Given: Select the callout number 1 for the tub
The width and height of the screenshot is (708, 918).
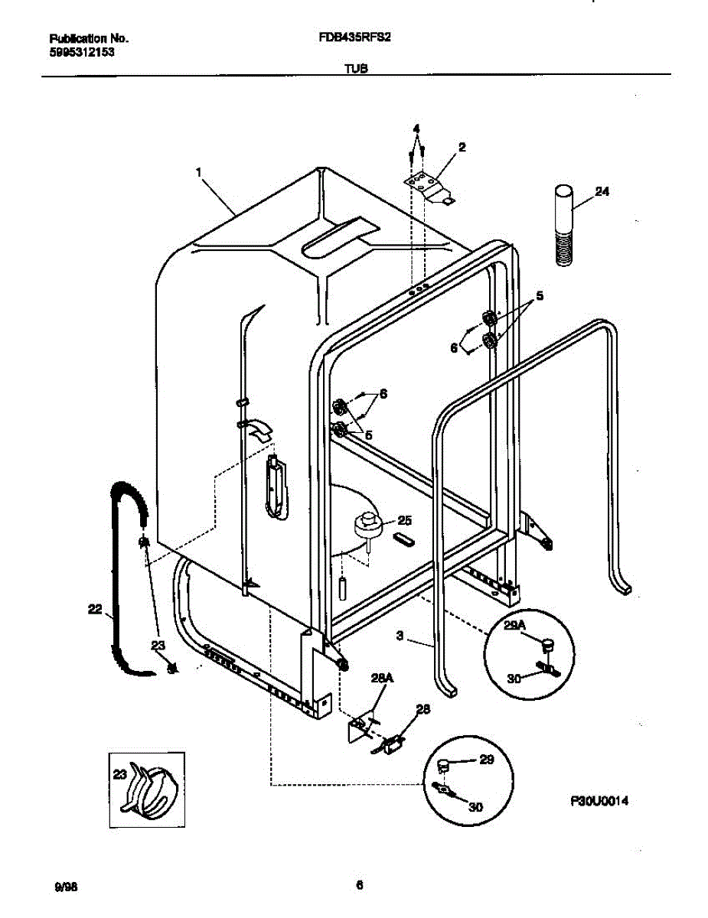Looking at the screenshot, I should point(199,174).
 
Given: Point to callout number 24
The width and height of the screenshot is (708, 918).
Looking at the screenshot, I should point(602,192).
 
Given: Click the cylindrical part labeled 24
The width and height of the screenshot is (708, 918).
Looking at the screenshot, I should point(565,226).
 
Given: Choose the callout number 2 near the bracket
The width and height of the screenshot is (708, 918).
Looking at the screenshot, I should point(462,147).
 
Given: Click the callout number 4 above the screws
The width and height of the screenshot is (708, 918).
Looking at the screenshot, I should point(416,127).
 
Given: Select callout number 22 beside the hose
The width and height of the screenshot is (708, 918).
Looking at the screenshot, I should point(94,609).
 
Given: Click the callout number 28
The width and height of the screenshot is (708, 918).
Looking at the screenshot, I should point(422,709).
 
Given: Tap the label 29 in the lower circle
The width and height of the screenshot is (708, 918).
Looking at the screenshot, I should point(486,760).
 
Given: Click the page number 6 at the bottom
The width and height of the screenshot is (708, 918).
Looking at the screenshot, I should point(358,886).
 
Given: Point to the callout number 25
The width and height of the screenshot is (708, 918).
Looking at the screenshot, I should point(404,521).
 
